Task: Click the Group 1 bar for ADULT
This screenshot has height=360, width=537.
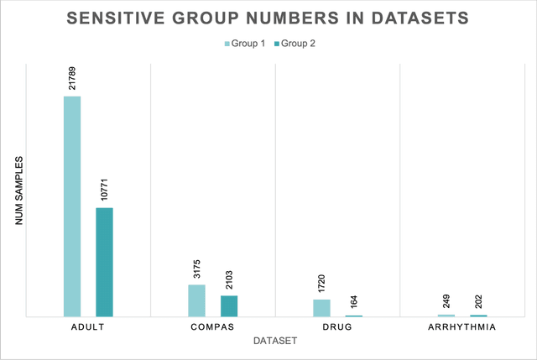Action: tap(72, 206)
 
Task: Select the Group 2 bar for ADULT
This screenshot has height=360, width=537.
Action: tap(103, 262)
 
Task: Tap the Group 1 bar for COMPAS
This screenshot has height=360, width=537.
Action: tap(196, 300)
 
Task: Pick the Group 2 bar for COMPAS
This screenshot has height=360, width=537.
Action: tap(228, 305)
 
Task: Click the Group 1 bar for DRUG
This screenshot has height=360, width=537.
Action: tap(321, 308)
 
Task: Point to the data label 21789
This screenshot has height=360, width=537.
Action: tap(72, 76)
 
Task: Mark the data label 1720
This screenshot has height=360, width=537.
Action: tap(321, 283)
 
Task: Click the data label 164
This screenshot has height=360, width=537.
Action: tap(353, 300)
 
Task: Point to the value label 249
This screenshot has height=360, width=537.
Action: tap(446, 300)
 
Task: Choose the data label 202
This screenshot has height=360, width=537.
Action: tap(478, 300)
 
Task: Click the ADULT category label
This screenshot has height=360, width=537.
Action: tap(88, 326)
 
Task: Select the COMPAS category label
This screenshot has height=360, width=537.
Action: tap(212, 326)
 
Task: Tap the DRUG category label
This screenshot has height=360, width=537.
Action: tap(337, 326)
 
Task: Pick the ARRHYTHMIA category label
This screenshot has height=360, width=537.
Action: tap(462, 326)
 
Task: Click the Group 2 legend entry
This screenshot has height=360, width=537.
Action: tap(301, 41)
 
